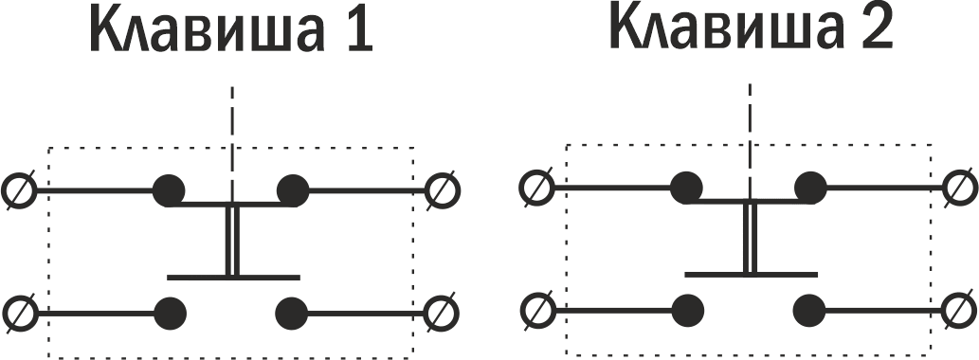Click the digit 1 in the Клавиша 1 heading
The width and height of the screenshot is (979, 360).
tap(357, 30)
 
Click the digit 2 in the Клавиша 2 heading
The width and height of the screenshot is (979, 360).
tap(877, 28)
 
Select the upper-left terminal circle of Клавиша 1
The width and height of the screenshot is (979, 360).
tap(19, 190)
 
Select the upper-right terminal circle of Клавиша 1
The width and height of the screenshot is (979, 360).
tap(442, 190)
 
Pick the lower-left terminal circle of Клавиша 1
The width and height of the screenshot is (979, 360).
tap(19, 313)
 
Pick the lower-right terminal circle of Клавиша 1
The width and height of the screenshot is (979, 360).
tap(442, 313)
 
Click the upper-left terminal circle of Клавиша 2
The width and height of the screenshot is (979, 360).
tap(537, 188)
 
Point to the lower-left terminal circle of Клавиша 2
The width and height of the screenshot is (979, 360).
tap(537, 310)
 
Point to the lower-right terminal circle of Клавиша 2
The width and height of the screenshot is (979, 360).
tap(960, 310)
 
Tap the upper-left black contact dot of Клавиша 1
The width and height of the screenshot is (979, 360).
tap(170, 190)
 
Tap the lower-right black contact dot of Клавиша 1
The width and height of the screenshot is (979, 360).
tap(292, 313)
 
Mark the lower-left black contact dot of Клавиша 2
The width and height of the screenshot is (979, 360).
tap(688, 310)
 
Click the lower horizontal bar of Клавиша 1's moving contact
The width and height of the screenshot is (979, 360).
tap(233, 277)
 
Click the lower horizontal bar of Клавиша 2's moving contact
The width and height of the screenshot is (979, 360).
tap(752, 274)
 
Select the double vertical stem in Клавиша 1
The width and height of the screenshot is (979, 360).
tap(232, 241)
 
